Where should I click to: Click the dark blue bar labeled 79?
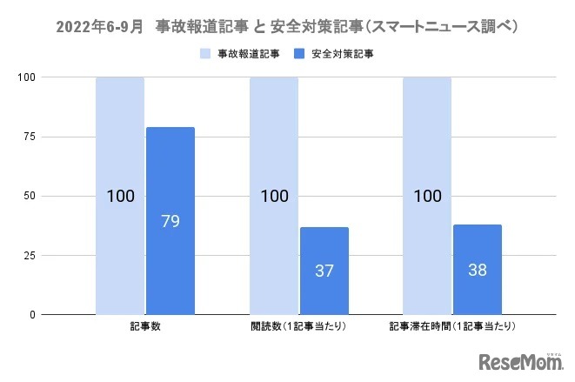coord(170,221)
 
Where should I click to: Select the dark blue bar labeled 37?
coord(324,271)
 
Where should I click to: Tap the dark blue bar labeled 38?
coord(477,269)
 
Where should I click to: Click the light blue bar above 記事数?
coord(120,195)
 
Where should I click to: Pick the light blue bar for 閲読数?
coord(274,195)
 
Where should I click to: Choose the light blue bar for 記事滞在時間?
coord(427,195)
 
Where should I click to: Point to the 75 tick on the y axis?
coord(30,137)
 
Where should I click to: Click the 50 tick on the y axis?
coord(30,196)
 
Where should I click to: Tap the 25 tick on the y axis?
coord(30,255)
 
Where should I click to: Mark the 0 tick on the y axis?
coord(33,314)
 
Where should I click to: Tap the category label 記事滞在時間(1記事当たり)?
coord(451,327)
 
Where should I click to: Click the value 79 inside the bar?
coord(170,221)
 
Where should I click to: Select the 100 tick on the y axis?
coord(28,77)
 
